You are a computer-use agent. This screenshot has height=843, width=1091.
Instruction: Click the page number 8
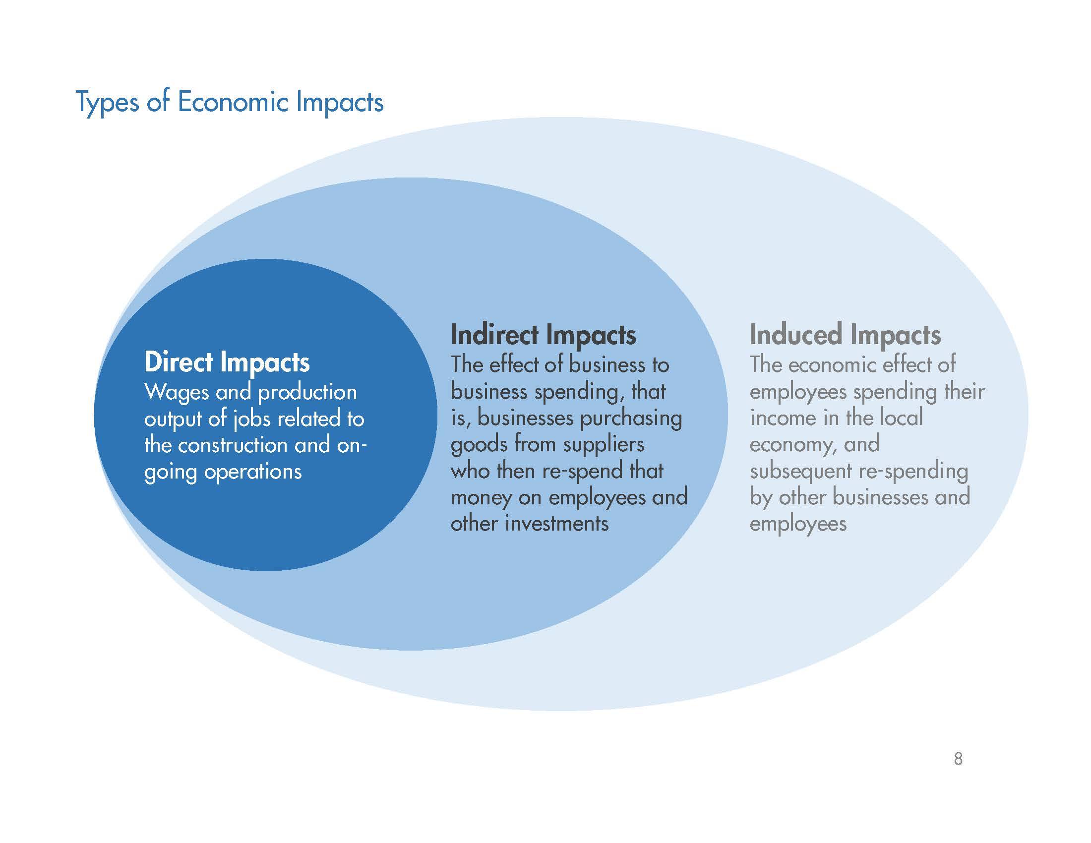pyautogui.click(x=958, y=759)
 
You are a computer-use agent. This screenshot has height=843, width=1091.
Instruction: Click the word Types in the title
pyautogui.click(x=107, y=103)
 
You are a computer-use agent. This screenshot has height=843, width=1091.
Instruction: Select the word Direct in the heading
pyautogui.click(x=178, y=362)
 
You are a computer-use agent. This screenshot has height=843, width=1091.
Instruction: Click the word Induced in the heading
pyautogui.click(x=795, y=335)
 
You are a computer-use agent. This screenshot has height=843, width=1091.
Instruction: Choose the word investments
pyautogui.click(x=557, y=524)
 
